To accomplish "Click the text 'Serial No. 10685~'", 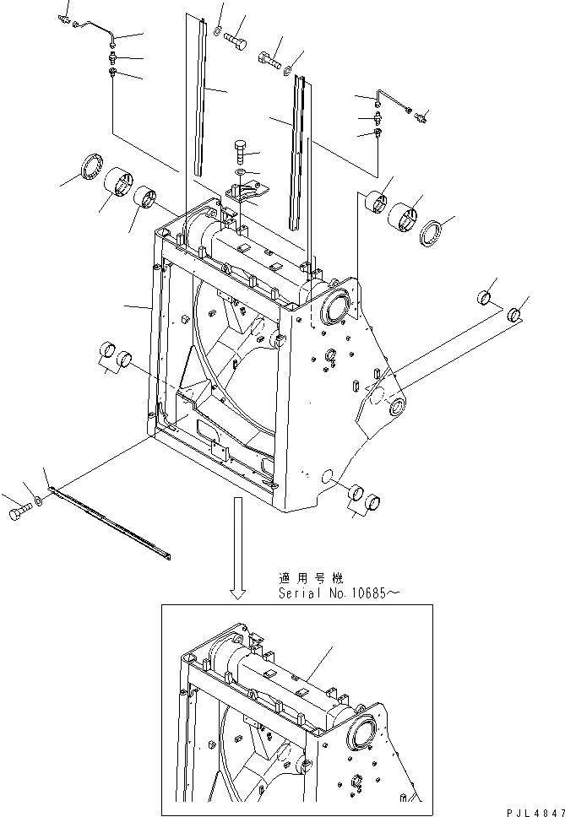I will [336, 593].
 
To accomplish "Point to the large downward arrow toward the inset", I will [239, 549].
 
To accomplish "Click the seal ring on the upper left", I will [90, 166].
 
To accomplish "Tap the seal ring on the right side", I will [431, 233].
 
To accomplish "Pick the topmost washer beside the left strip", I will [218, 31].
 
